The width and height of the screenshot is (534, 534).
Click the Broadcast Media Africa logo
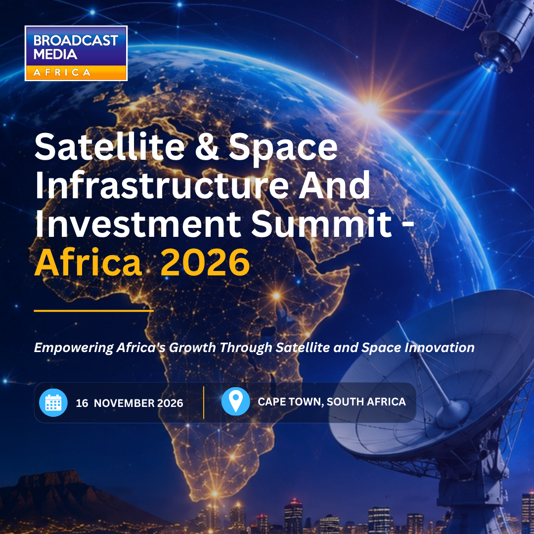coord(76,53)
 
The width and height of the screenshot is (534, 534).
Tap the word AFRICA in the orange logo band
coord(62,72)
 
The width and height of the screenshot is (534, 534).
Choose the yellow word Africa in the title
coord(88,262)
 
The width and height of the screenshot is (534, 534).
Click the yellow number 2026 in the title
coord(205,262)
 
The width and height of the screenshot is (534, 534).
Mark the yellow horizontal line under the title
coord(93,311)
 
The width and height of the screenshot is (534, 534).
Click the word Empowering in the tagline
coord(74,348)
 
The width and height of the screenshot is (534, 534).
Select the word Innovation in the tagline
coord(440,348)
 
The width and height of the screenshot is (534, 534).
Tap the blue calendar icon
coord(53,402)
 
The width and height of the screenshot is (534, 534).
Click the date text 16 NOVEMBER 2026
coord(130,403)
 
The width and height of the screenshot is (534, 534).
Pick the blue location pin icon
coord(236,401)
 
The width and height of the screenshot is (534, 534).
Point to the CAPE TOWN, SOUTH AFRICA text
coord(332,402)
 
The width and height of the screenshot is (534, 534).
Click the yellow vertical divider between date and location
coord(204,402)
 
